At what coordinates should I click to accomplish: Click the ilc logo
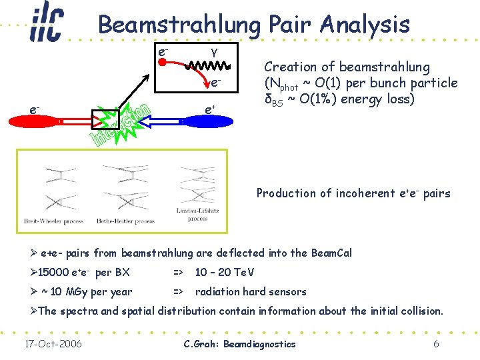(x=46, y=25)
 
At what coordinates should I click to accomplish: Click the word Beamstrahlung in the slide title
(x=179, y=25)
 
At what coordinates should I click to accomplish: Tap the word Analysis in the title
(x=365, y=25)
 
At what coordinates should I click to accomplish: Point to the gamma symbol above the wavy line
(x=213, y=51)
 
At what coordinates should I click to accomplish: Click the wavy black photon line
(x=207, y=66)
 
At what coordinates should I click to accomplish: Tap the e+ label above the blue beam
(x=209, y=108)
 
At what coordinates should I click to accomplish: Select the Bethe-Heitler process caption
(x=127, y=221)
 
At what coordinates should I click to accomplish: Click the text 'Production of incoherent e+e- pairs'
(x=353, y=193)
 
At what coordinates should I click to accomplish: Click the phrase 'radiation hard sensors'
(x=251, y=291)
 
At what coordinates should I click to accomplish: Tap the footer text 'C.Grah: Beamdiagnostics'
(x=239, y=344)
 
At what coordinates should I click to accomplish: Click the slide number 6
(x=435, y=344)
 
